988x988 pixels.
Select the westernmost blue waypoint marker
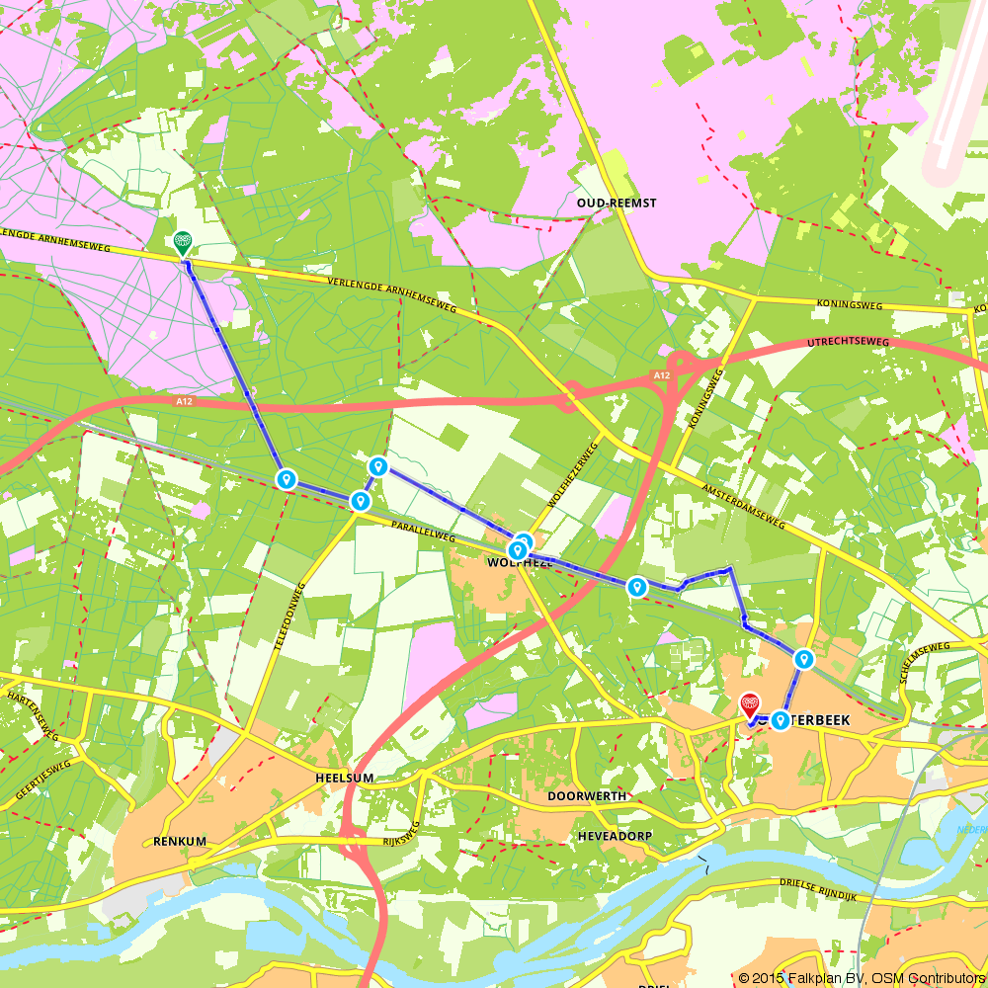(287, 479)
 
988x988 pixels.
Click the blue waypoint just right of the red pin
(781, 720)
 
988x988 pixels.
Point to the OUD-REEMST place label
(617, 203)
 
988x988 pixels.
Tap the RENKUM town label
(179, 842)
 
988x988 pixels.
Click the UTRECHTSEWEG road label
(848, 342)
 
